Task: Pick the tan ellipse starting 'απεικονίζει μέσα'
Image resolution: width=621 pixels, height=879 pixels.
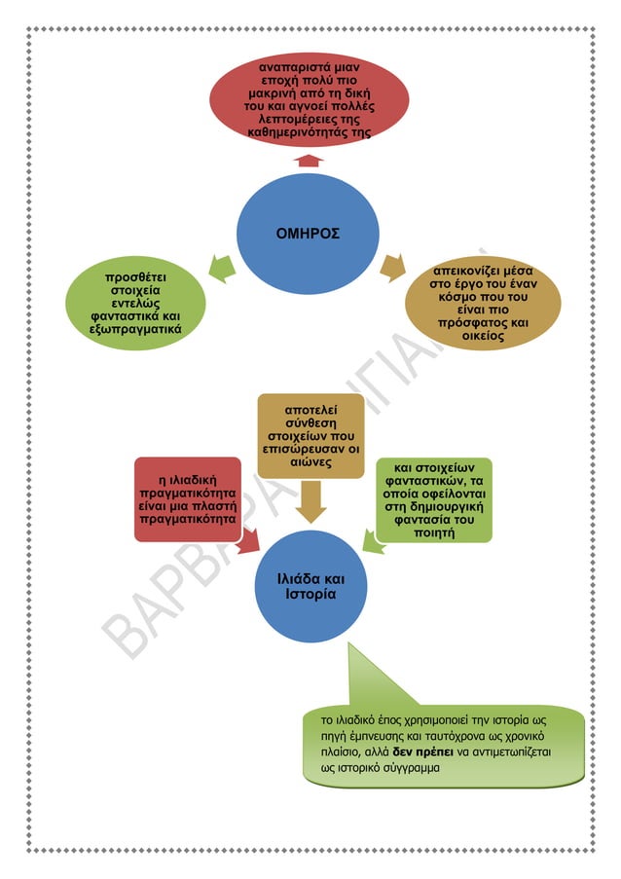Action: (483, 302)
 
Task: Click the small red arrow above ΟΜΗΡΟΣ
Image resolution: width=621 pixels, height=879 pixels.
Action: (310, 160)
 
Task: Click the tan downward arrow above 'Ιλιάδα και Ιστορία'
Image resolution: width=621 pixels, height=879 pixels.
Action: (310, 501)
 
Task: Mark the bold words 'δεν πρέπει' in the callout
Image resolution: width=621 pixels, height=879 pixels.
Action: (426, 753)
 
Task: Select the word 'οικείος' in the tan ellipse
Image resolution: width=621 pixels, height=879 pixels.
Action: (484, 336)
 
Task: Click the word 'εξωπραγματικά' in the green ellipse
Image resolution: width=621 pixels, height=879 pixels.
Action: (136, 329)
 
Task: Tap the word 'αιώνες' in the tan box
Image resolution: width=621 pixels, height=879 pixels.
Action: (310, 463)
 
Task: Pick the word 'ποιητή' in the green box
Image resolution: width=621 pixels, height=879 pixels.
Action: (435, 533)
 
